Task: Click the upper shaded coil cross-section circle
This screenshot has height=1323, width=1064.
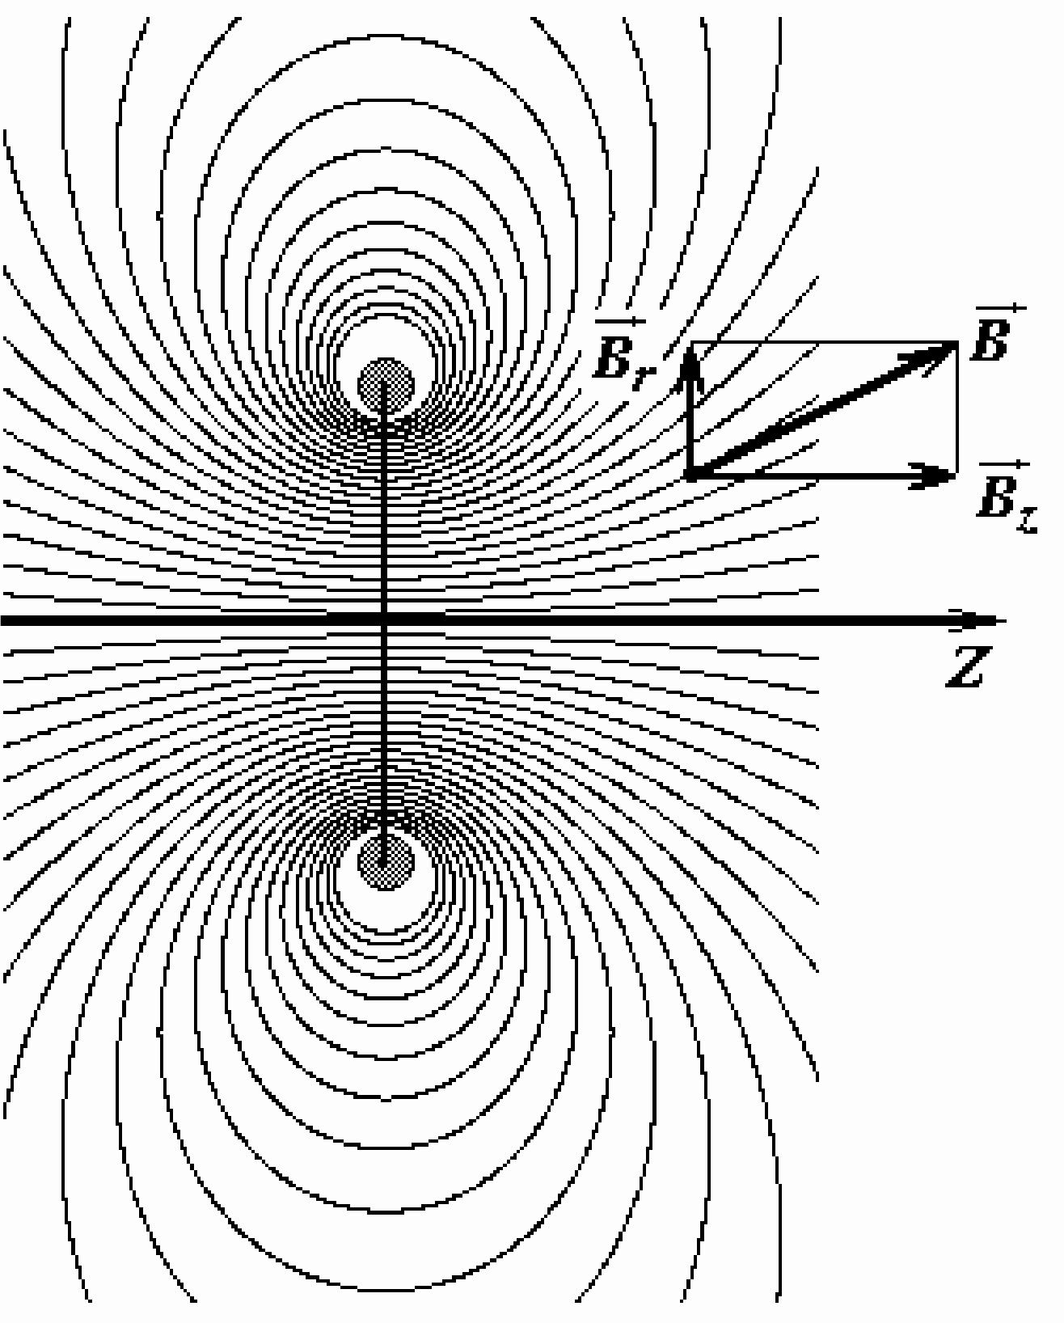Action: tap(386, 386)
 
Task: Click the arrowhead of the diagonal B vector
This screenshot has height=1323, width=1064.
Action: tap(928, 357)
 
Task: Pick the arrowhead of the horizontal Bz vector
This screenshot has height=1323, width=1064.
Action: tap(931, 476)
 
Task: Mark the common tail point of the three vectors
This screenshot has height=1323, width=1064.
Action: tap(691, 476)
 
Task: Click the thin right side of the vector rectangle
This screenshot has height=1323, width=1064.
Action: tap(957, 408)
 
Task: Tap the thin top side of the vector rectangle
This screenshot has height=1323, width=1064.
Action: tap(825, 342)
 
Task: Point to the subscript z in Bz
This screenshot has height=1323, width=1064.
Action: tap(1027, 519)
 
